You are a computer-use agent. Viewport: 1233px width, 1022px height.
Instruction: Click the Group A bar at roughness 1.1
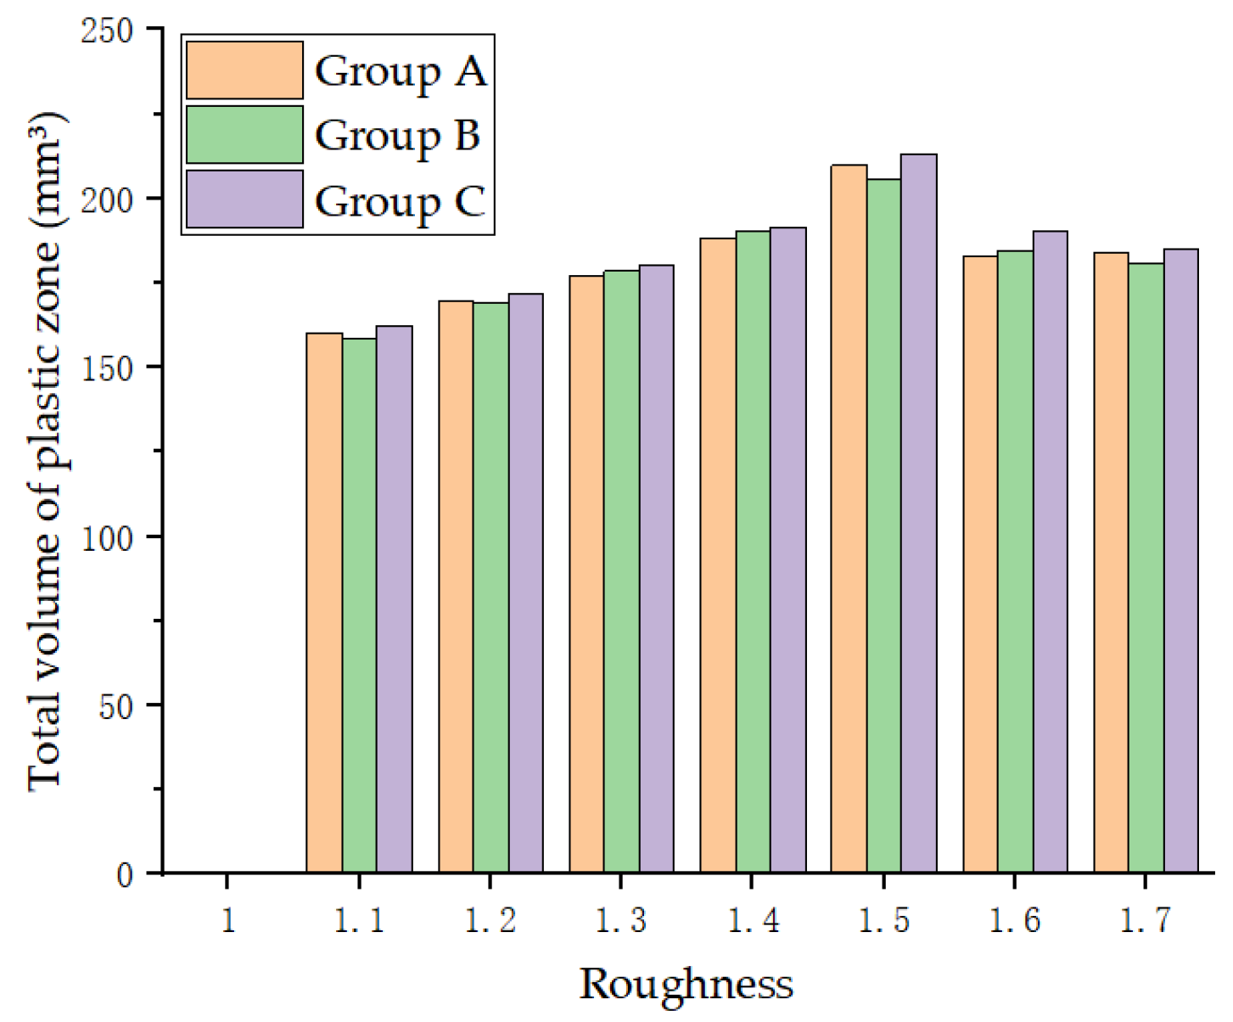[324, 603]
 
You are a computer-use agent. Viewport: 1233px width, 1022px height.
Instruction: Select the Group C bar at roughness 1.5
[919, 514]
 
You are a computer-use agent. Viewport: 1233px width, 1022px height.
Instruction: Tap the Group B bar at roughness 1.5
[884, 525]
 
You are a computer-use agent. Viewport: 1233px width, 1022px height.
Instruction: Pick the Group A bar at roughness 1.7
[1111, 562]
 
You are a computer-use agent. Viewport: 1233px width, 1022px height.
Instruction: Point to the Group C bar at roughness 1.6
[1051, 552]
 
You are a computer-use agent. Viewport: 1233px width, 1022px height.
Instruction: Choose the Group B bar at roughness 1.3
[622, 571]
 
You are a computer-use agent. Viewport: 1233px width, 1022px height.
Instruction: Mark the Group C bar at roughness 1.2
[525, 583]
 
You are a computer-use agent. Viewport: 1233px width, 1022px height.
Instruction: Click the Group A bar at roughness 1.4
[718, 555]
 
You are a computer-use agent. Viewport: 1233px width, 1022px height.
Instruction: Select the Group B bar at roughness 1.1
[359, 605]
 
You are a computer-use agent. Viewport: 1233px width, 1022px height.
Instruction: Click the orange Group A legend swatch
[244, 70]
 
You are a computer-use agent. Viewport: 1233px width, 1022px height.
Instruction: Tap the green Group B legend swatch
[244, 135]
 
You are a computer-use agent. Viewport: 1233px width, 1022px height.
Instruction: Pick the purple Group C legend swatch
[244, 199]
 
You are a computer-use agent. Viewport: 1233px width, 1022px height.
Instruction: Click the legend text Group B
[398, 136]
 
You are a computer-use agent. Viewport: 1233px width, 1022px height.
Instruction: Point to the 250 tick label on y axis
[107, 31]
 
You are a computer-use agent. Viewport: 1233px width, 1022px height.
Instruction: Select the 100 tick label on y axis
[107, 538]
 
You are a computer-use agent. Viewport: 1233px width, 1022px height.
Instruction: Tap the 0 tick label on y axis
[125, 875]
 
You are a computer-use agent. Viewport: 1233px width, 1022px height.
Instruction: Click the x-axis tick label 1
[228, 920]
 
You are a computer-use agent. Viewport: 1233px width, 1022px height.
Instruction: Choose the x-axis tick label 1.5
[883, 920]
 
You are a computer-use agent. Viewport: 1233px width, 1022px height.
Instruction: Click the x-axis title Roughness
[686, 985]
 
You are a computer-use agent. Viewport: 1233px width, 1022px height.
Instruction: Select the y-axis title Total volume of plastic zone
[46, 450]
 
